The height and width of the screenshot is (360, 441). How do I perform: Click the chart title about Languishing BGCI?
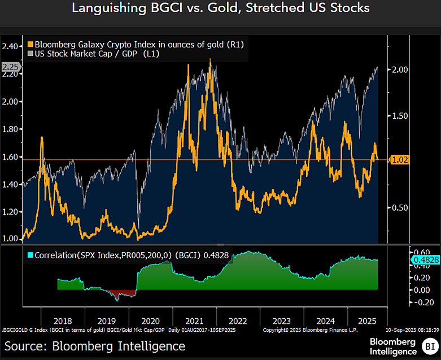(221, 8)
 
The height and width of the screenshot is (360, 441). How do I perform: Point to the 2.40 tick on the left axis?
(11, 47)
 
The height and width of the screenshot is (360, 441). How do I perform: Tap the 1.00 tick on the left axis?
(11, 238)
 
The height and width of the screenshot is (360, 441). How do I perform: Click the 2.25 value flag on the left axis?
(11, 67)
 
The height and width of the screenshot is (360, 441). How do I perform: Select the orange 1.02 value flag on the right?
(400, 160)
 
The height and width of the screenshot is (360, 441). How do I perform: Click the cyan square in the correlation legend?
(30, 255)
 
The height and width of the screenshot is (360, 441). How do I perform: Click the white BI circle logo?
(430, 345)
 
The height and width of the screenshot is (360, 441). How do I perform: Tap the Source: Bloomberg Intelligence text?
(95, 345)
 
